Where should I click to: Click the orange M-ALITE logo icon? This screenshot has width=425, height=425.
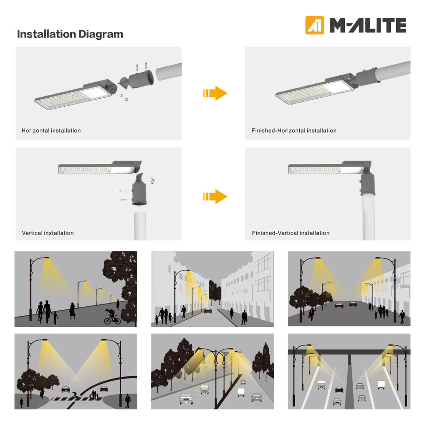pyautogui.click(x=314, y=25)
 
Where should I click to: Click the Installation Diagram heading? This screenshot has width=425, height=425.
pyautogui.click(x=70, y=35)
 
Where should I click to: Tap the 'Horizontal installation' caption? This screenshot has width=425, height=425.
pyautogui.click(x=51, y=130)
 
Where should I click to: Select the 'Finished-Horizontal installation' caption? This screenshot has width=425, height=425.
pyautogui.click(x=294, y=130)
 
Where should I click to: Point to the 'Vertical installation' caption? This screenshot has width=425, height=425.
pyautogui.click(x=48, y=233)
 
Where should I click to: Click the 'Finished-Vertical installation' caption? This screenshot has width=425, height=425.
pyautogui.click(x=290, y=233)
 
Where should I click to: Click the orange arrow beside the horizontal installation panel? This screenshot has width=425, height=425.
pyautogui.click(x=215, y=93)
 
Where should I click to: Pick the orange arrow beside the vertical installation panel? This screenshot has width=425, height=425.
pyautogui.click(x=215, y=196)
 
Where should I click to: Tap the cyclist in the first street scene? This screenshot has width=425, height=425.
pyautogui.click(x=112, y=316)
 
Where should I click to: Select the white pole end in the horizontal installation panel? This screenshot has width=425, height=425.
pyautogui.click(x=169, y=71)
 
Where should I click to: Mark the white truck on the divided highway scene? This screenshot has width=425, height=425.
pyautogui.click(x=381, y=385)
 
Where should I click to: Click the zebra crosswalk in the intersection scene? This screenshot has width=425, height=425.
pyautogui.click(x=77, y=399)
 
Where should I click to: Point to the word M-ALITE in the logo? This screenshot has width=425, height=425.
pyautogui.click(x=368, y=25)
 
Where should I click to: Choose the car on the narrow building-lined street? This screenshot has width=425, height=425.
pyautogui.click(x=208, y=310)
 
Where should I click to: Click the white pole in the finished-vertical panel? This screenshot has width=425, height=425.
pyautogui.click(x=369, y=217)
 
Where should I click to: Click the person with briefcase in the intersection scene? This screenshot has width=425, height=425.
pyautogui.click(x=127, y=401)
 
